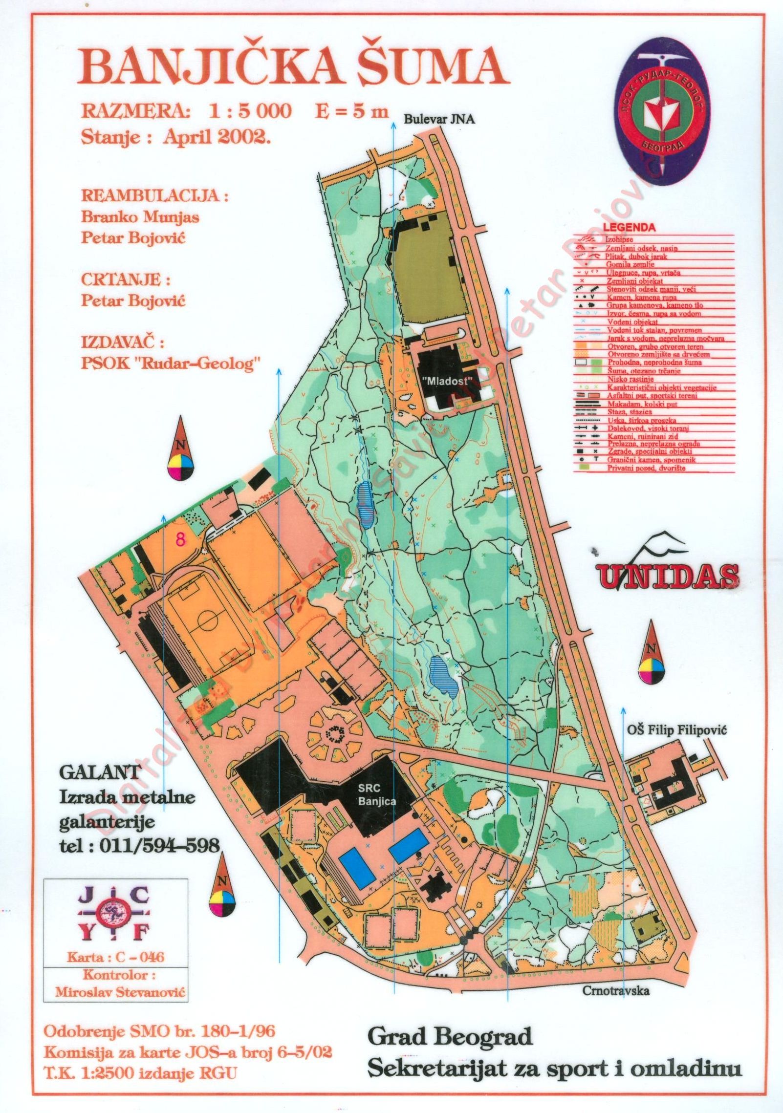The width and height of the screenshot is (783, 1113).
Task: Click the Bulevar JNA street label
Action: click(x=438, y=120)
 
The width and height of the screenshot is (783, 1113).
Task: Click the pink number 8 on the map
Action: click(x=180, y=539)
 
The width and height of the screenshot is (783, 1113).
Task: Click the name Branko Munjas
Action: click(x=140, y=217)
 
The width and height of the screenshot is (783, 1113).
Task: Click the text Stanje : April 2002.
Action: click(x=175, y=136)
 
